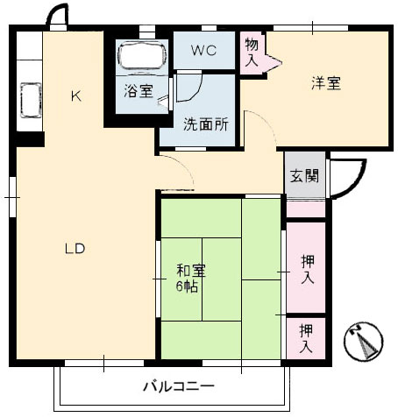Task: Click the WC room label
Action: point(203,51)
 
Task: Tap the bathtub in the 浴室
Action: point(142,55)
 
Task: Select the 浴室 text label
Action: point(139,91)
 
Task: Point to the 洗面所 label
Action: point(205,124)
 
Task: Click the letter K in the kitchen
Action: point(76,96)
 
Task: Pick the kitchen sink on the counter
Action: point(31,100)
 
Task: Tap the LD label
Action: point(75,249)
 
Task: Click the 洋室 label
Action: point(326,83)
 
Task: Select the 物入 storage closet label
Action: point(252,52)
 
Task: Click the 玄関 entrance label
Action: point(304,175)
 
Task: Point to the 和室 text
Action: point(191,271)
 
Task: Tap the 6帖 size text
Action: point(187,286)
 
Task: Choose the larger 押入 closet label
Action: point(308,269)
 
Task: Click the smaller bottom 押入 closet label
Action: point(306,338)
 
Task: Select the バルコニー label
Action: point(178,386)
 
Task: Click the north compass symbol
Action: point(363,341)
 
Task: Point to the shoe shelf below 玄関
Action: point(306,208)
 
